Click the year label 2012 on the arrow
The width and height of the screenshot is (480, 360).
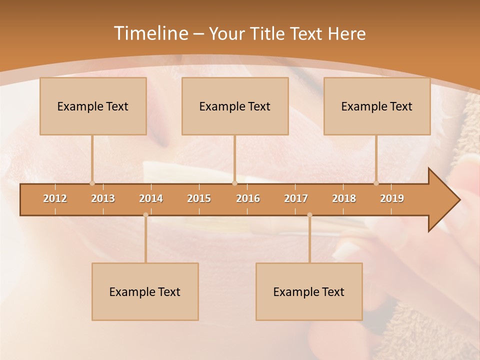(55, 198)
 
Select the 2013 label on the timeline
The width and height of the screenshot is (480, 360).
(103, 198)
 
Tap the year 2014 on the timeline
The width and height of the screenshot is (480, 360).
(151, 198)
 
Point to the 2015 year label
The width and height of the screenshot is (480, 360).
(199, 198)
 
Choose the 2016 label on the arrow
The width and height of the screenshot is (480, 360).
(248, 198)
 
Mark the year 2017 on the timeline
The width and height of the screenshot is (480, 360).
(296, 198)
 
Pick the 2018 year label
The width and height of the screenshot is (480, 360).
(344, 198)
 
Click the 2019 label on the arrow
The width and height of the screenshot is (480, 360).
(392, 198)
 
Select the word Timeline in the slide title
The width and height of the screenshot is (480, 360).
(150, 33)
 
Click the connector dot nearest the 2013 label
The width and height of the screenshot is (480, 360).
(92, 183)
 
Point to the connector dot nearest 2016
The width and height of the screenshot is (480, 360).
(234, 183)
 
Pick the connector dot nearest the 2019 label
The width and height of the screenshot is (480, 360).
(376, 183)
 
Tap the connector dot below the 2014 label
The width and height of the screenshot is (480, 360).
(145, 215)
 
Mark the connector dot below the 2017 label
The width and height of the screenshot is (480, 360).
(309, 215)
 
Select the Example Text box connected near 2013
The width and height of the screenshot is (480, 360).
(93, 106)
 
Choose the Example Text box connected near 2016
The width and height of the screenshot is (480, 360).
(235, 106)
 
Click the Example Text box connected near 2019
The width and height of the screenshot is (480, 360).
(377, 106)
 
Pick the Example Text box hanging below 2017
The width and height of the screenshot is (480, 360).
(309, 291)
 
